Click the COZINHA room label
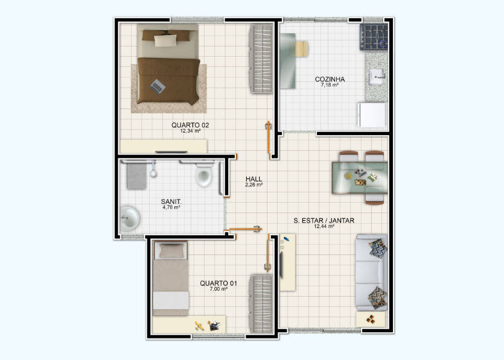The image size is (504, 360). [x=330, y=79]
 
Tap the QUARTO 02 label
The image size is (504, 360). [x=190, y=125]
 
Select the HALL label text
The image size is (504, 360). [x=254, y=179]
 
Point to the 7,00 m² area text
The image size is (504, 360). [x=219, y=289]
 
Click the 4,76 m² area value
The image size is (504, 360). [x=171, y=207]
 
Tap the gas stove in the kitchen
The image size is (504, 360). [x=374, y=37]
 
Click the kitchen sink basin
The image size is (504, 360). [x=377, y=77]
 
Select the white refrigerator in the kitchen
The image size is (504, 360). [x=372, y=115]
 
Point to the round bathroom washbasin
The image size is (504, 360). [x=129, y=218]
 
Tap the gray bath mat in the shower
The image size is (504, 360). [x=136, y=176]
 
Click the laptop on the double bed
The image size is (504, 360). [x=158, y=86]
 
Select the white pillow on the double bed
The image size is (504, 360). [x=165, y=41]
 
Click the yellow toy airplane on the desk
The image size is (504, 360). [x=199, y=326]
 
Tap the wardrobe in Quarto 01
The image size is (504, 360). [x=261, y=304]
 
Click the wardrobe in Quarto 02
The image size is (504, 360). [x=261, y=58]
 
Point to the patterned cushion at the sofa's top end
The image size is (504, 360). [x=378, y=248]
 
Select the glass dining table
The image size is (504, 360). [x=360, y=178]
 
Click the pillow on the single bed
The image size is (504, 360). [x=171, y=250]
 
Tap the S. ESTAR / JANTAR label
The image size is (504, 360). [x=324, y=221]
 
